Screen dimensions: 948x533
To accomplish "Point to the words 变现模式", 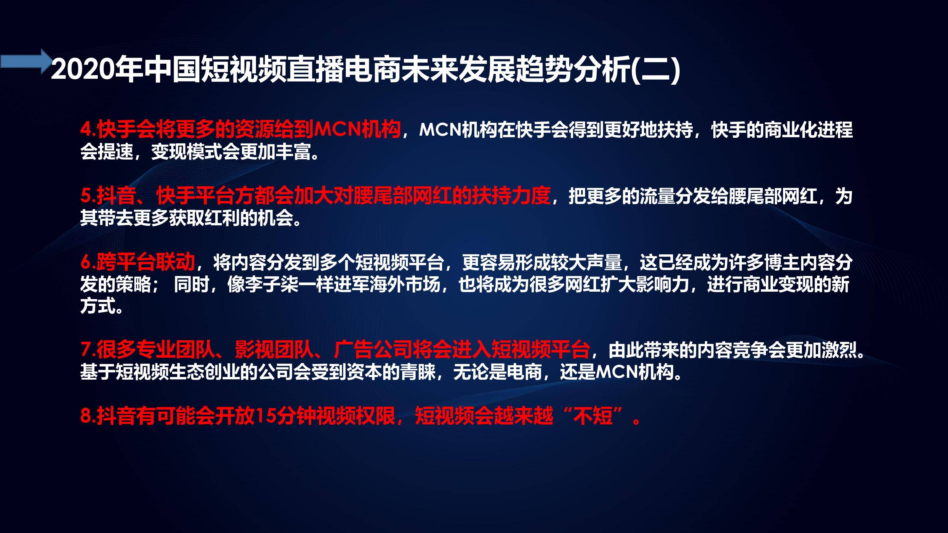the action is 187,152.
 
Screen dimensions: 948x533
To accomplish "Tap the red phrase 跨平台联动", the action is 146,261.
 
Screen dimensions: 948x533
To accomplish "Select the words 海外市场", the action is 405,284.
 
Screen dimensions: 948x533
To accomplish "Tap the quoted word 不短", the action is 593,416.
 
